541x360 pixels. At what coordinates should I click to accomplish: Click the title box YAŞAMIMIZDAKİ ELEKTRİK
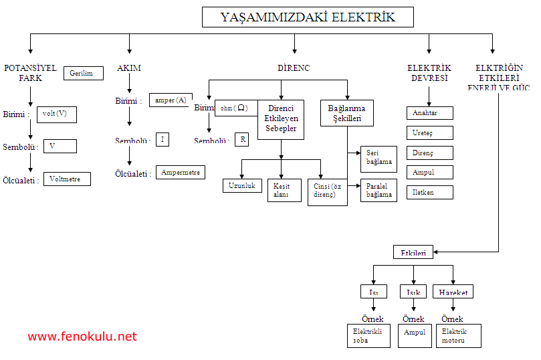coord(308,17)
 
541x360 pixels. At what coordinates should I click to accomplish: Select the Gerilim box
coord(84,74)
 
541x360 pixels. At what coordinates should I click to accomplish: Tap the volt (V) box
coord(56,114)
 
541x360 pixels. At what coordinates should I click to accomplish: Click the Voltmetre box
coord(67,179)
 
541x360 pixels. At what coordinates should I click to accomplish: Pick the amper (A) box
coord(171,100)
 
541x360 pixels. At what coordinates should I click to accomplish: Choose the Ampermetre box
coord(181,172)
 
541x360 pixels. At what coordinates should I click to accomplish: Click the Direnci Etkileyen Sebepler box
coord(281,119)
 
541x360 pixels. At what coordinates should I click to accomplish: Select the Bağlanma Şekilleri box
coord(347,113)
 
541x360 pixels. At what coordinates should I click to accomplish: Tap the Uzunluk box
coord(242,185)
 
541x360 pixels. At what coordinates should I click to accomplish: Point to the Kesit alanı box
coord(281,191)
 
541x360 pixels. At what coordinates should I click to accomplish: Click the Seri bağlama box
coord(378,159)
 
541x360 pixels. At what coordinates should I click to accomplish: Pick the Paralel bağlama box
coord(378,191)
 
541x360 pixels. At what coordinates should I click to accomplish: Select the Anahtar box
coord(430,113)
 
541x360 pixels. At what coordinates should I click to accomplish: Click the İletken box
coord(430,193)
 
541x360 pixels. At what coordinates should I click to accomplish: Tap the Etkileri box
coord(413,252)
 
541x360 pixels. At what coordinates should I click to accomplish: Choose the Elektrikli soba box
coord(370,336)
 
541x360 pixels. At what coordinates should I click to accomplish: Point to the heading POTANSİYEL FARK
coord(30,73)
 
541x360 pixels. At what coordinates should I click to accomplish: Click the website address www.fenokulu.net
coord(82,337)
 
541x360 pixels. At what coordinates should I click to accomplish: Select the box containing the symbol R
coord(241,140)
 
